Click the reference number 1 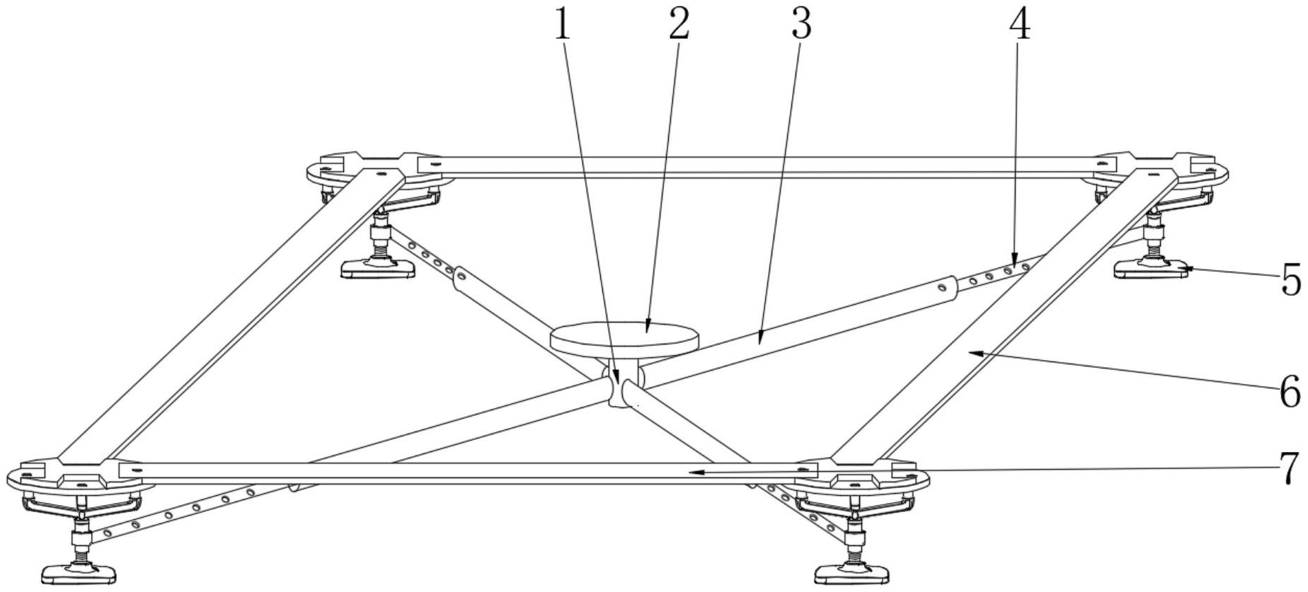coord(562,25)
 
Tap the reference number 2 coord(678,25)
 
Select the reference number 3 coord(800,25)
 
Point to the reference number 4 coord(1019,25)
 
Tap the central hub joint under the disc coord(622,386)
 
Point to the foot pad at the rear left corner coord(377,268)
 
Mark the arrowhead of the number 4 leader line coord(1014,263)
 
